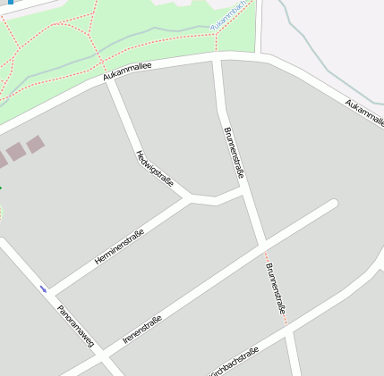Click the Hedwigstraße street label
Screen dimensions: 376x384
155,168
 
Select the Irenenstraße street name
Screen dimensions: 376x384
142,330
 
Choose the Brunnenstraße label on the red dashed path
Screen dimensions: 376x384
276,288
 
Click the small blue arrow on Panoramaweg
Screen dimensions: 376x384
43,288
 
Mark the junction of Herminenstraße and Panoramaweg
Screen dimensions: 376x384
50,294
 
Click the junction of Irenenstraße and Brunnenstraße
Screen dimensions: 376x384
260,242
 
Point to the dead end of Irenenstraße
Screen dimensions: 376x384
333,205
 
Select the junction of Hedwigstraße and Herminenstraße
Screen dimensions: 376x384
187,196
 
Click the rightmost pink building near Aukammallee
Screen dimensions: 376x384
34,143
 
